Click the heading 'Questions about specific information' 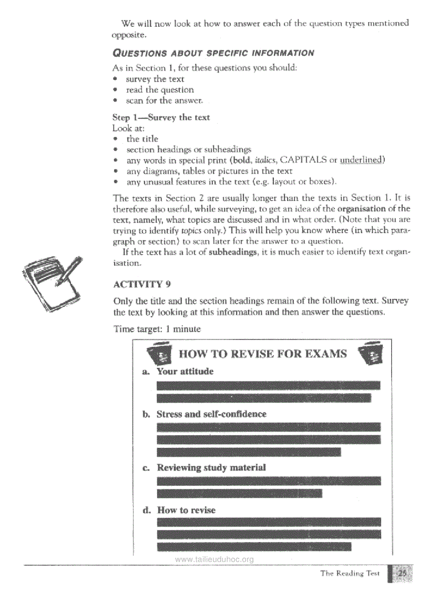pos(213,53)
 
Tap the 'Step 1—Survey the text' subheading pos(161,117)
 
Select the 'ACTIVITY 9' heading pos(141,284)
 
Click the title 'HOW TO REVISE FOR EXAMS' pos(263,353)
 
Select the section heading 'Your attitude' pos(185,372)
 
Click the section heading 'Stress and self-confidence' pos(211,414)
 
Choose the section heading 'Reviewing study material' pos(211,467)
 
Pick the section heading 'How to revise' pos(186,510)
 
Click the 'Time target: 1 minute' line pos(157,329)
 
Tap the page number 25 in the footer pos(402,574)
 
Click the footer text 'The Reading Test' pos(350,574)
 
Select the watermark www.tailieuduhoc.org pos(214,559)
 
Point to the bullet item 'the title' pos(142,139)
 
